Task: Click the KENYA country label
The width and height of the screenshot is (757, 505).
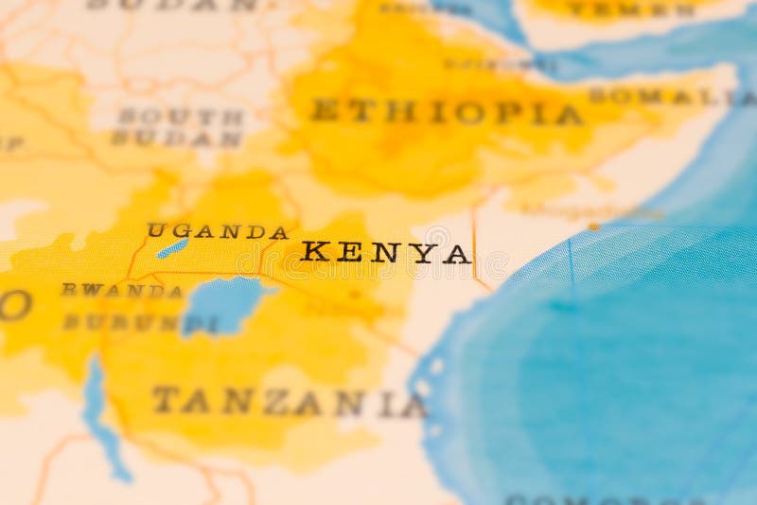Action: tap(385, 252)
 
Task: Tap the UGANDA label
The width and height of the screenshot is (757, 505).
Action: tap(217, 231)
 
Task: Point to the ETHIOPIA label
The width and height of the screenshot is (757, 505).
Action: tap(446, 112)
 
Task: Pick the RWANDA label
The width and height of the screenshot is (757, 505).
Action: tap(122, 291)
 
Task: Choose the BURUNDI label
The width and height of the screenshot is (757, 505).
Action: tap(138, 323)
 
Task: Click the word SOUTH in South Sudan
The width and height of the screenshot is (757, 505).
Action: tap(180, 117)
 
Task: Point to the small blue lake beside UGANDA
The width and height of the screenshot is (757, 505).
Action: tap(172, 248)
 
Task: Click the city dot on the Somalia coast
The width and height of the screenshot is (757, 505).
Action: tap(593, 226)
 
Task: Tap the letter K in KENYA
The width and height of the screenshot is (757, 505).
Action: tap(313, 252)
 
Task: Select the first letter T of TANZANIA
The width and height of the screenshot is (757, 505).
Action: tap(166, 399)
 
